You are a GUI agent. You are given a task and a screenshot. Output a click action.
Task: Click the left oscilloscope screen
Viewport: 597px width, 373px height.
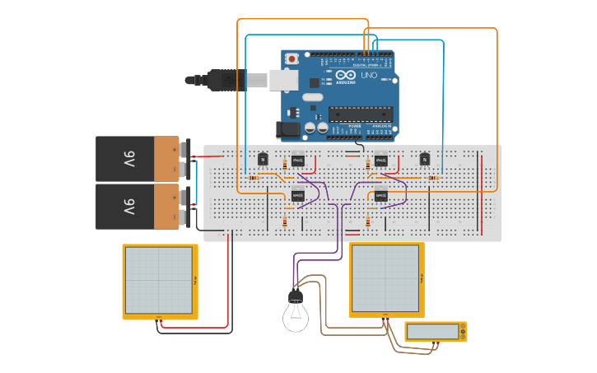click(157, 280)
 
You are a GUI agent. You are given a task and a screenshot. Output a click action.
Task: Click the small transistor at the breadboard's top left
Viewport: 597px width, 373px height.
click(264, 159)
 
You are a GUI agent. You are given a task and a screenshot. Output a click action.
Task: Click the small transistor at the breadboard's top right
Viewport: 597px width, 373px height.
click(425, 159)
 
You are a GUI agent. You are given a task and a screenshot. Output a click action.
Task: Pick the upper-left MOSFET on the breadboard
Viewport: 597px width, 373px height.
click(298, 160)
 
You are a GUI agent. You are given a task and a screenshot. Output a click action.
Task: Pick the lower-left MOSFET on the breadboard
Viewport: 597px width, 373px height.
click(298, 196)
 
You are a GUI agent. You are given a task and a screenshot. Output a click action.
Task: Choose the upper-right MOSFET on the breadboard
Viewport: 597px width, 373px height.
click(381, 160)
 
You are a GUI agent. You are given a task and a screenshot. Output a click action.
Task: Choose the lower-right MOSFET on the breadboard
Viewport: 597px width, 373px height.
click(381, 196)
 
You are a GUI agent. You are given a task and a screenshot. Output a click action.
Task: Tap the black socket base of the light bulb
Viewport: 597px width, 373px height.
click(295, 296)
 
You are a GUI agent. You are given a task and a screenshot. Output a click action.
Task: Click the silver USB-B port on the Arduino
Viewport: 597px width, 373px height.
click(284, 79)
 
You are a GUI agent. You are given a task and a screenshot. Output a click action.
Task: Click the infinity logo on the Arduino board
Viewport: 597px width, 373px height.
click(341, 75)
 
